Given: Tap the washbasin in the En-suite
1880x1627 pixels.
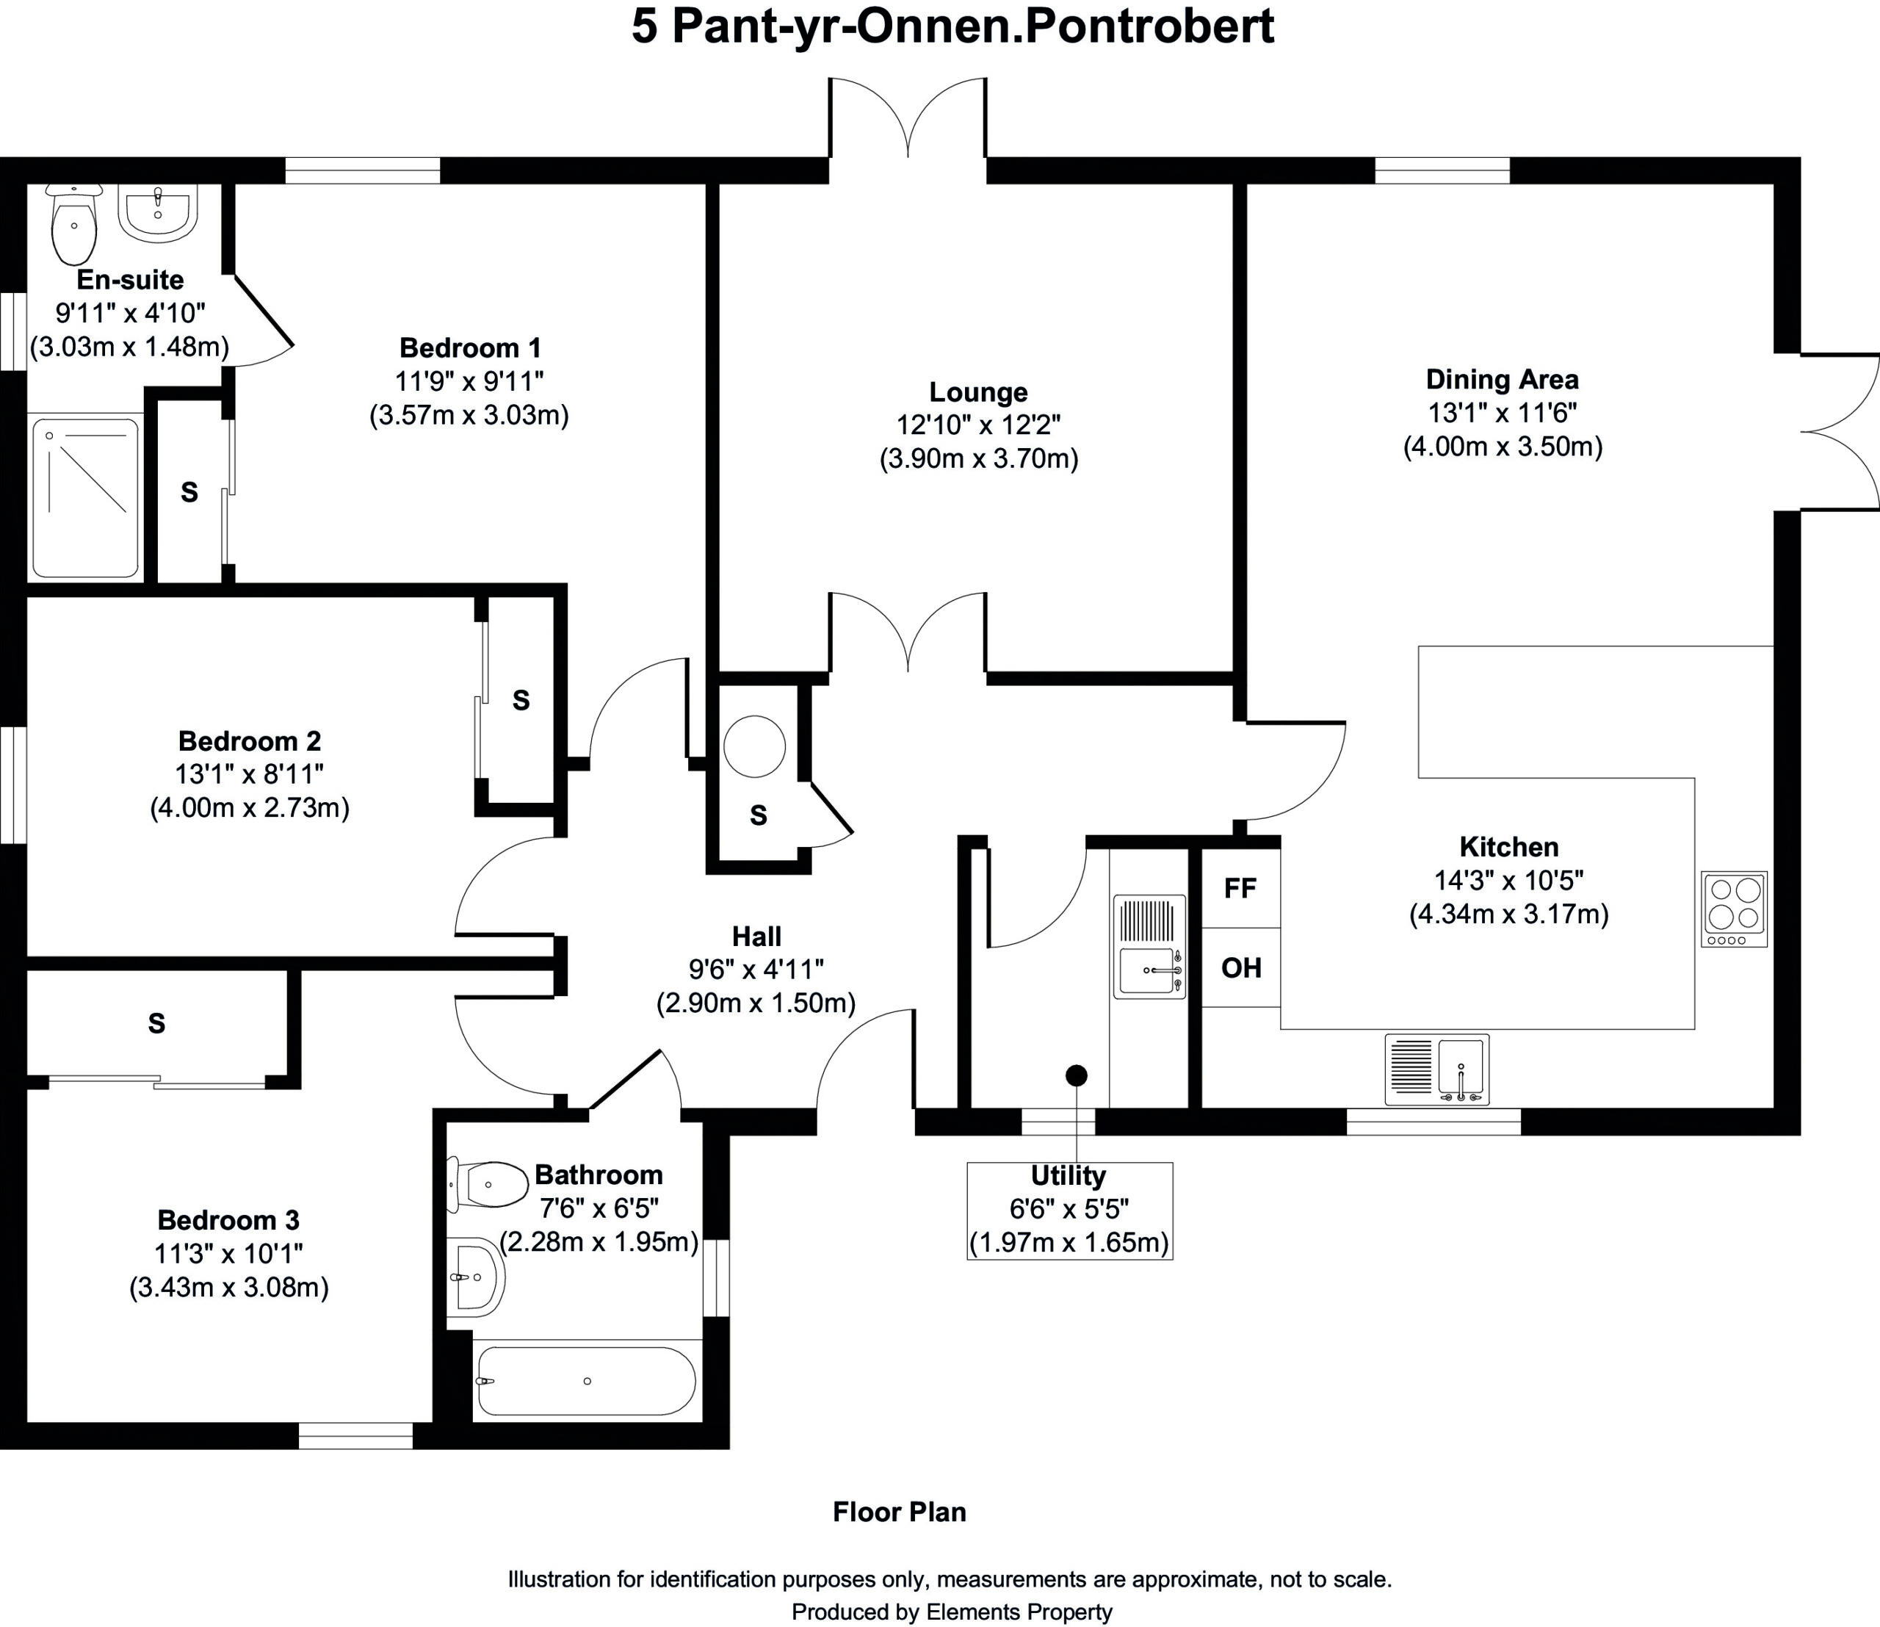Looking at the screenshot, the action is [x=158, y=213].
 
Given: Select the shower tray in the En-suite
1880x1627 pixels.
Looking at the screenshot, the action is [x=85, y=497].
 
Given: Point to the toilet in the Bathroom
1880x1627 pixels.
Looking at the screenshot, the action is [x=488, y=1185].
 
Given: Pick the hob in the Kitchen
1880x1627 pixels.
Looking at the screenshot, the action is [x=1734, y=909].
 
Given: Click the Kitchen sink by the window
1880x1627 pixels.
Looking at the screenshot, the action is [x=1436, y=1069].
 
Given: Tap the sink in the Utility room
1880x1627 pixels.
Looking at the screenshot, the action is [x=1149, y=947].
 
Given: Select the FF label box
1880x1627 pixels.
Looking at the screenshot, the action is [x=1240, y=888].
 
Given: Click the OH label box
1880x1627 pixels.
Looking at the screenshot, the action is [x=1240, y=968].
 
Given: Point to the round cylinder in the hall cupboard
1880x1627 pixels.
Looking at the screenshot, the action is [x=754, y=746].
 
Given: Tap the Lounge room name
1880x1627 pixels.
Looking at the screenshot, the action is [x=979, y=392].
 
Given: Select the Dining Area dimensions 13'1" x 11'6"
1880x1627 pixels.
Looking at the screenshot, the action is [x=1503, y=413].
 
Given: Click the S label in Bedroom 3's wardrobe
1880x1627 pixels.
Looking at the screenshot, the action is [x=157, y=1023].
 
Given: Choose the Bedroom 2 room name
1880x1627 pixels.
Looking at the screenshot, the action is [x=250, y=741].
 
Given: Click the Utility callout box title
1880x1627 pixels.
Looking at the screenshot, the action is [x=1069, y=1176].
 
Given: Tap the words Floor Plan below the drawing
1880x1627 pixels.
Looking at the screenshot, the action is [x=900, y=1512].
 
